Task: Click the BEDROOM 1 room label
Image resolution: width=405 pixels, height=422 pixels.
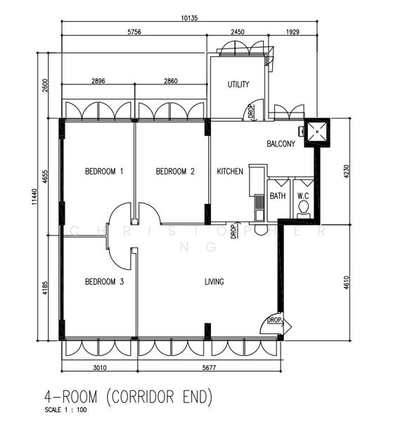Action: coord(104,172)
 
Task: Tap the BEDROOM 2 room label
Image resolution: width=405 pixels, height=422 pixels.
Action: coord(175,172)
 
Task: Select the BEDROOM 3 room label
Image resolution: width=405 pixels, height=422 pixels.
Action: coord(104,282)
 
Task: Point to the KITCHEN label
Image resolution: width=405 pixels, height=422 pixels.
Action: coord(230,172)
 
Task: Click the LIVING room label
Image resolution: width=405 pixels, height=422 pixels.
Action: coord(214,282)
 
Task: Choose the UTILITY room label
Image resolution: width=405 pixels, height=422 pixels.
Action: coord(238,85)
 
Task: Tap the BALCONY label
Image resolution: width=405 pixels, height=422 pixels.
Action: coord(281,144)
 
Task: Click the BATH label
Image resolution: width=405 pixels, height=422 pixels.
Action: coord(278,196)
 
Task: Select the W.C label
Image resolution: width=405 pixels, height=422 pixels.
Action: coord(304,196)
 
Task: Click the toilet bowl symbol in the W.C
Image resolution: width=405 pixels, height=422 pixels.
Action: coord(304,208)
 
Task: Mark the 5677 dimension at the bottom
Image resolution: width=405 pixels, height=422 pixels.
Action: coord(210,366)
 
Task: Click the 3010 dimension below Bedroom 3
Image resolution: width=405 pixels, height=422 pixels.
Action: coord(101,366)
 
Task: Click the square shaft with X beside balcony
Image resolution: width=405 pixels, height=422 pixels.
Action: coord(316,132)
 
